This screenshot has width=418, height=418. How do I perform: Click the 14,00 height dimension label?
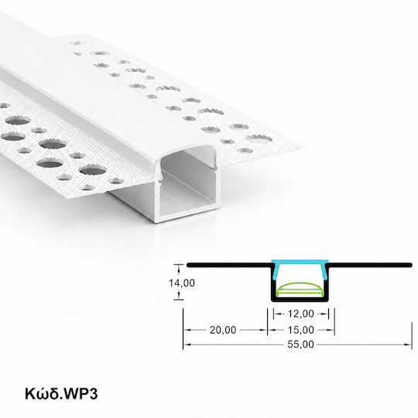click(182, 283)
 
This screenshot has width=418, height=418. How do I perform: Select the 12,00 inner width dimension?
click(300, 313)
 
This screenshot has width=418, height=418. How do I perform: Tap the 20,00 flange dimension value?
click(223, 330)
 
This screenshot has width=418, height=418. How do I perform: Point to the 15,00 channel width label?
click(300, 330)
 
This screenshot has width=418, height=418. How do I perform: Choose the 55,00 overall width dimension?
click(300, 344)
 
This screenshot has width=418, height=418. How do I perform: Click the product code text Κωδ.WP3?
click(61, 394)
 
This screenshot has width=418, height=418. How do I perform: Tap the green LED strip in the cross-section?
click(300, 290)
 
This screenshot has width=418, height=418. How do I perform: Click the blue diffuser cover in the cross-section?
click(300, 262)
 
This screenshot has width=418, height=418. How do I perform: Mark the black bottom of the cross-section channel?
click(300, 300)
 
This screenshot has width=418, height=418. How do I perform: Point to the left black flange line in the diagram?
click(228, 265)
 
